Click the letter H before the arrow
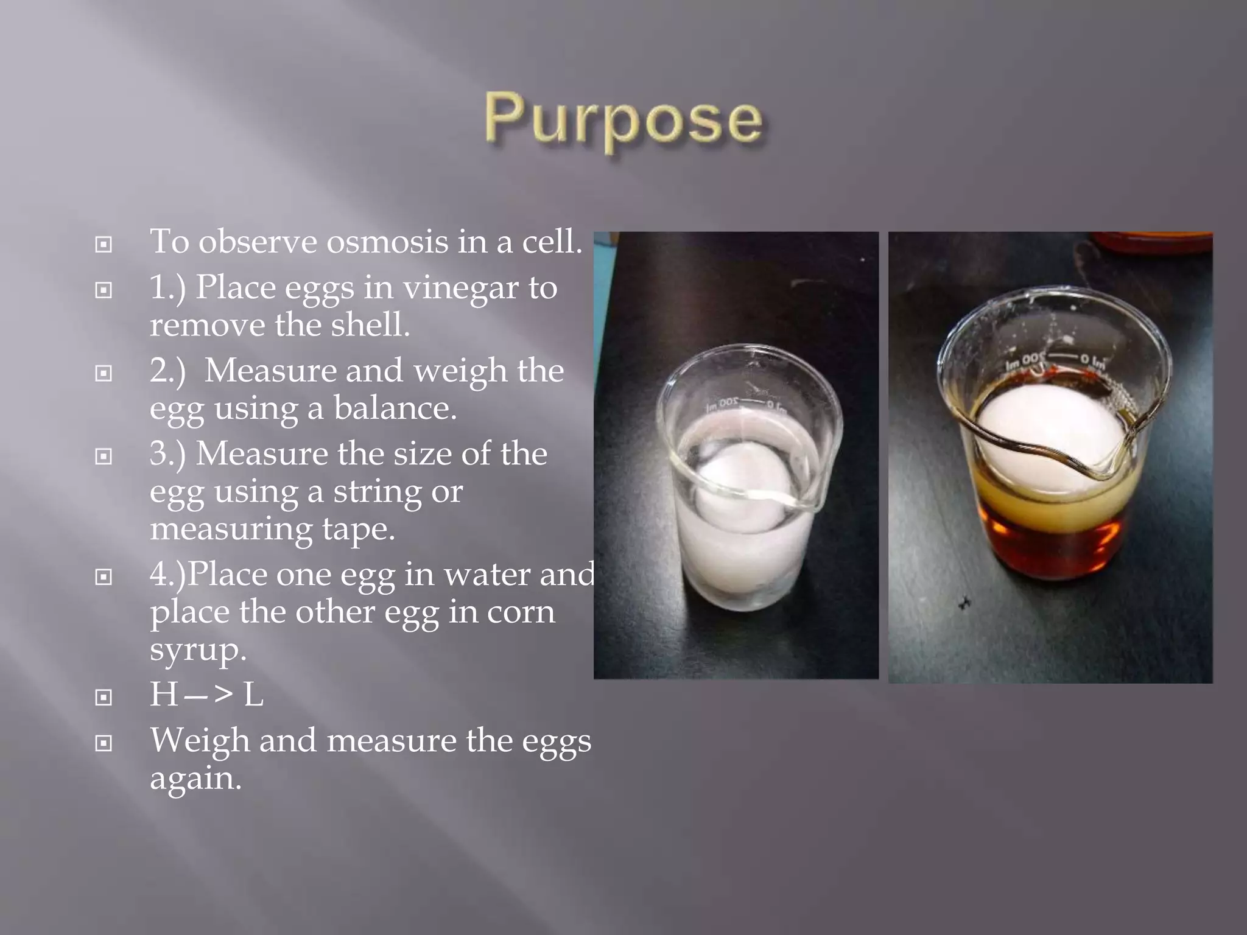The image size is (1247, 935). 163,695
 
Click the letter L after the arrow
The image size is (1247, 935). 253,695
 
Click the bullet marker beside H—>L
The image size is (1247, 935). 104,697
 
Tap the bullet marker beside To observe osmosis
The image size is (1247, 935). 104,245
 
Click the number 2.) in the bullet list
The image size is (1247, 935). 167,370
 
